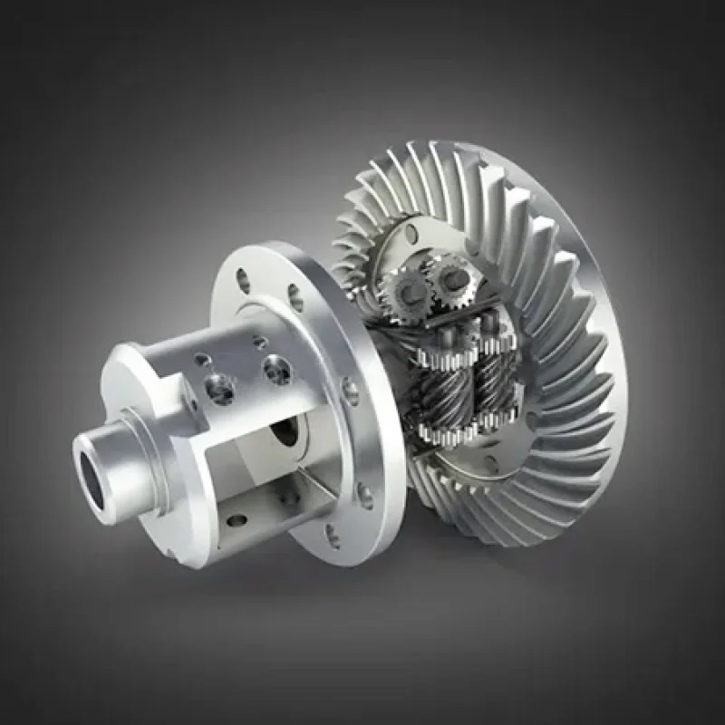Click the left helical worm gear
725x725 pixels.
point(439,390)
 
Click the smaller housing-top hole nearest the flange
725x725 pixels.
point(260,343)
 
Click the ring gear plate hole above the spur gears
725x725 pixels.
point(412,235)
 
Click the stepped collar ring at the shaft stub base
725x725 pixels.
point(136,444)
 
